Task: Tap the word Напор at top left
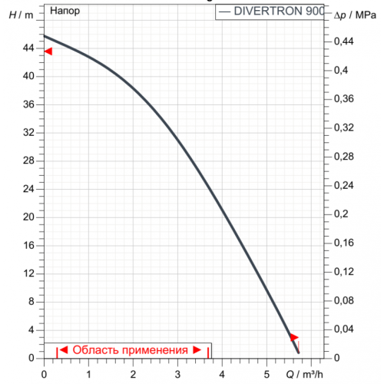(x=64, y=12)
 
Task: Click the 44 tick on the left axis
(x=28, y=48)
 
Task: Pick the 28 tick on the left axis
(x=28, y=161)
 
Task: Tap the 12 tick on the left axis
(x=28, y=273)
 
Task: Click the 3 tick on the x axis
(x=177, y=374)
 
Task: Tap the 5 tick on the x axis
(x=266, y=374)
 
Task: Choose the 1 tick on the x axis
(x=88, y=374)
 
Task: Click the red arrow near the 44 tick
(x=48, y=51)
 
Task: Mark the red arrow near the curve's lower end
(x=294, y=337)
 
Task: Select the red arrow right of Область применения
(x=197, y=350)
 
